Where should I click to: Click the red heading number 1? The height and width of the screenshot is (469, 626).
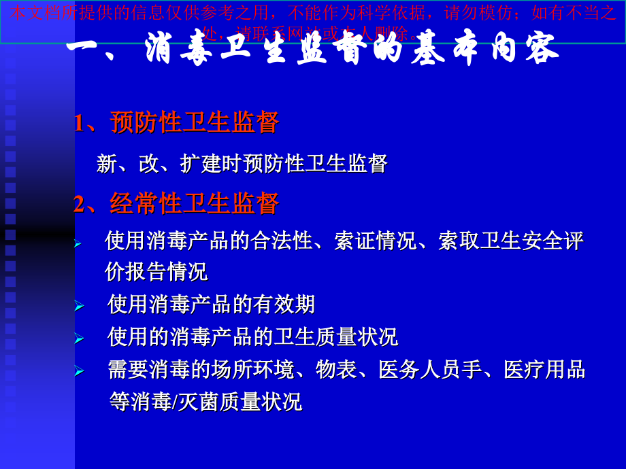(80, 123)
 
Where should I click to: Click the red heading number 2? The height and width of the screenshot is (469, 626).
(80, 204)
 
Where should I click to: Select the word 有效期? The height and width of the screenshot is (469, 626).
(284, 305)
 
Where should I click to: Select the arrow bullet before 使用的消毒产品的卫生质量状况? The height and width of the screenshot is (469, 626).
(79, 338)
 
